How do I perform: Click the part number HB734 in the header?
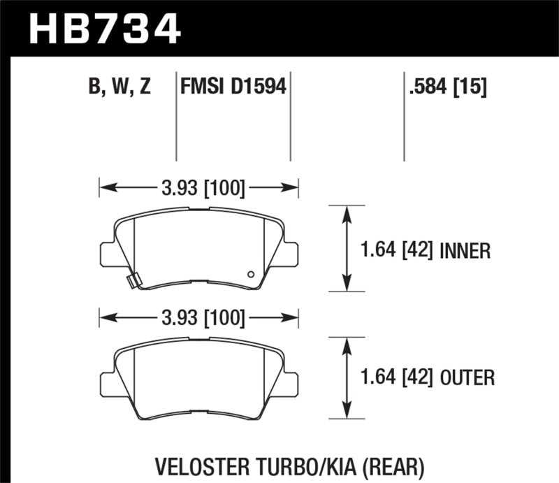103,29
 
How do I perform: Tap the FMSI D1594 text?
233,87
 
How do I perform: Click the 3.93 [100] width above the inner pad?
199,188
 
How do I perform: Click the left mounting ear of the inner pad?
107,252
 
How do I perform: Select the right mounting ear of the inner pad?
291,252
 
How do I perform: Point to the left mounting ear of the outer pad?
107,382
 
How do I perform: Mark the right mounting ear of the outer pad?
291,382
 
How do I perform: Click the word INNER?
467,250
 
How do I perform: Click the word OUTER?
469,379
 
